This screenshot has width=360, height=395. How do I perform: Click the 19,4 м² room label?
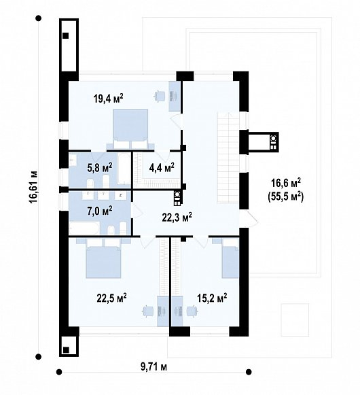[x=108, y=99]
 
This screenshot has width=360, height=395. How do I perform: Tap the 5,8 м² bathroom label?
[x=100, y=168]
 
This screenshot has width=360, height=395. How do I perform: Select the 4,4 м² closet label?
[x=162, y=167]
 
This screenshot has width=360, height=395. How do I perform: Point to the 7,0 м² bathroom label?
[x=100, y=211]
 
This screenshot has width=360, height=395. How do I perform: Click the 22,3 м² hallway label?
[x=177, y=217]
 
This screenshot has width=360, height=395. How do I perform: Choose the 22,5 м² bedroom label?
[x=111, y=298]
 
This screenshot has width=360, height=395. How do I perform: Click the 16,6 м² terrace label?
[x=286, y=183]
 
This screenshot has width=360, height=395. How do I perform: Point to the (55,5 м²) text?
[x=286, y=196]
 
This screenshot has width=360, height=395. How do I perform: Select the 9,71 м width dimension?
[x=154, y=367]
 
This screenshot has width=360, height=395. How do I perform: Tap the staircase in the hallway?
[x=228, y=158]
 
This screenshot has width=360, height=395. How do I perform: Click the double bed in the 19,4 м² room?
[x=130, y=128]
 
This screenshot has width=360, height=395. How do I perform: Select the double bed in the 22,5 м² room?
[x=103, y=258]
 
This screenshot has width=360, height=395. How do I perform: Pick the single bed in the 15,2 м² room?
[x=228, y=258]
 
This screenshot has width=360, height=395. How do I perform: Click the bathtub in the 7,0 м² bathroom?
[x=84, y=228]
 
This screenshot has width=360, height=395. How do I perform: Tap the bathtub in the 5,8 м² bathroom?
[x=124, y=169]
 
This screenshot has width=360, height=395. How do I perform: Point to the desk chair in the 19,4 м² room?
[x=160, y=96]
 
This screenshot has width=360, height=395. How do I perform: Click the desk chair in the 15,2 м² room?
[x=193, y=311]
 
